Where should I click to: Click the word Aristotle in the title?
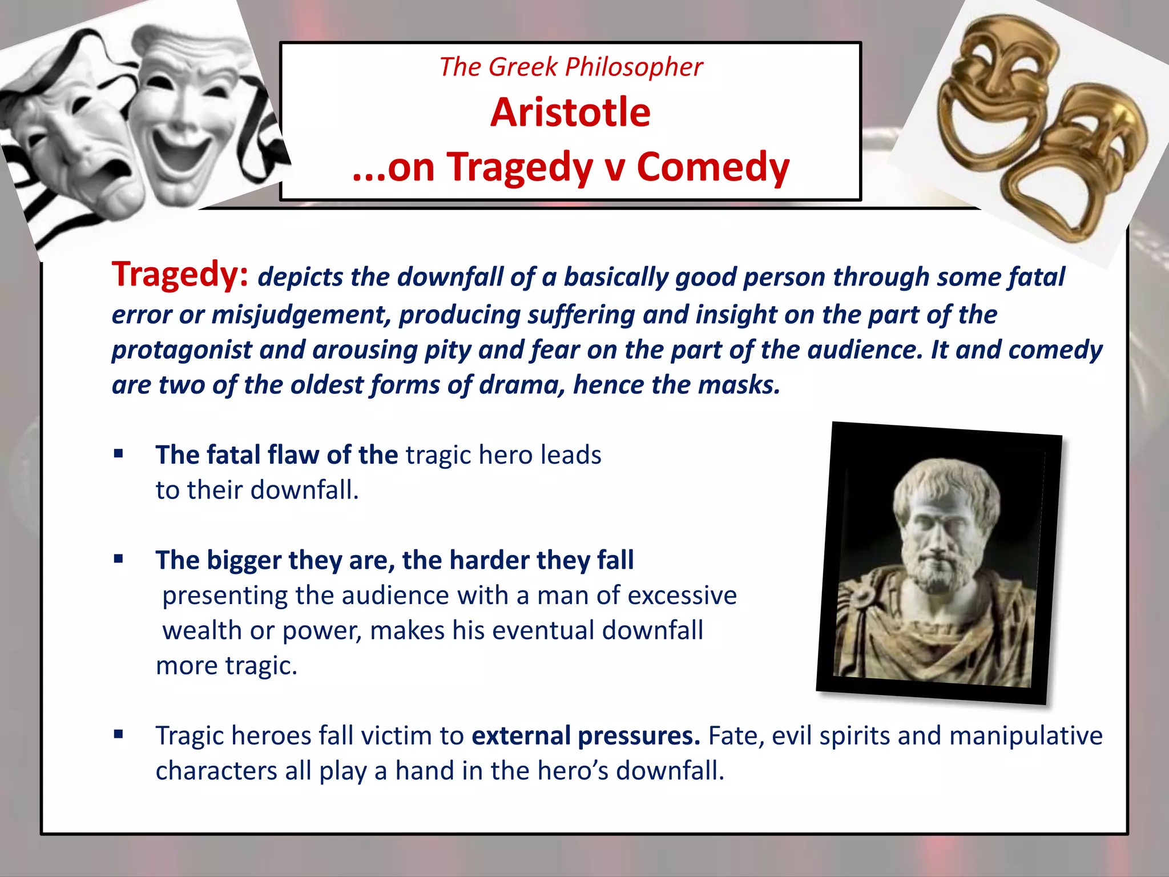click(570, 112)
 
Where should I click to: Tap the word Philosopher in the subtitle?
click(634, 67)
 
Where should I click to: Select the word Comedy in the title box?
click(713, 167)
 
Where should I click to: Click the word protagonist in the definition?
click(182, 350)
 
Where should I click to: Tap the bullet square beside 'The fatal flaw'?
click(119, 454)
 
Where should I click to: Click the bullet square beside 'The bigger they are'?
click(119, 559)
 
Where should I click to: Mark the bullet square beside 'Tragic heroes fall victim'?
click(119, 734)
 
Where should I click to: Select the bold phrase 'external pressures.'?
click(586, 735)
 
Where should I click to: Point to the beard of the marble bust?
click(936, 577)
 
